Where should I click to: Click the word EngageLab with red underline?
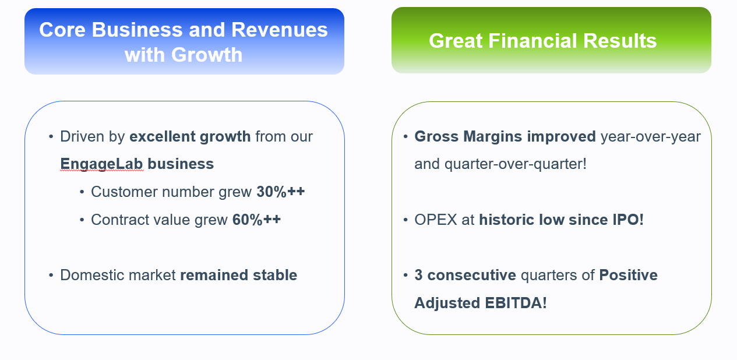pyautogui.click(x=101, y=164)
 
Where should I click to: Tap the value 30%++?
pyautogui.click(x=281, y=192)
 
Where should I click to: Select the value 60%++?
pyautogui.click(x=256, y=220)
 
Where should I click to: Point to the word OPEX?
pyautogui.click(x=436, y=220)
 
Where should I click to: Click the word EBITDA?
pyautogui.click(x=516, y=303)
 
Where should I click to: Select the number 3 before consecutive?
pyautogui.click(x=418, y=275)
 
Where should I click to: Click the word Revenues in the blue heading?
pyautogui.click(x=279, y=30)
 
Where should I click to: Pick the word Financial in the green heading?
pyautogui.click(x=533, y=41)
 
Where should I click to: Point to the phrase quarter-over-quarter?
pyautogui.click(x=516, y=164)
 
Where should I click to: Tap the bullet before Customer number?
pyautogui.click(x=82, y=192)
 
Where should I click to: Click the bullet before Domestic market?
pyautogui.click(x=51, y=275)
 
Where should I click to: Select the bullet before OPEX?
pyautogui.click(x=405, y=220)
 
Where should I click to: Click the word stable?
pyautogui.click(x=275, y=275)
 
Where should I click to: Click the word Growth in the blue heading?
pyautogui.click(x=207, y=55)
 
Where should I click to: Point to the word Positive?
pyautogui.click(x=629, y=275)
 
